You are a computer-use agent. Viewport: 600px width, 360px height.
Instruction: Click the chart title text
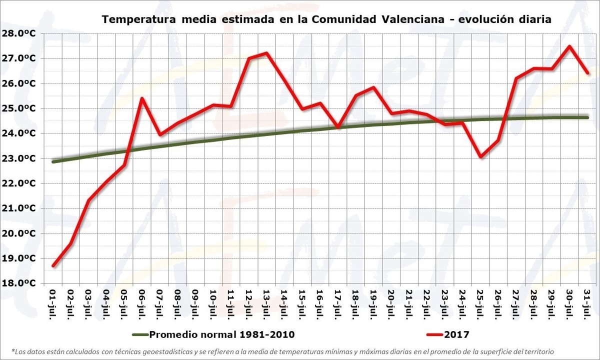point(326,19)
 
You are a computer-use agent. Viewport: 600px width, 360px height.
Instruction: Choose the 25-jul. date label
point(480,302)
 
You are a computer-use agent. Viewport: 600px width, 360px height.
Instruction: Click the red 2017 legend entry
point(447,334)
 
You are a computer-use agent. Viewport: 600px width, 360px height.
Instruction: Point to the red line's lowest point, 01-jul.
point(53,265)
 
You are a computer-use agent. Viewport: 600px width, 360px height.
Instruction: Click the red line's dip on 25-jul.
point(480,157)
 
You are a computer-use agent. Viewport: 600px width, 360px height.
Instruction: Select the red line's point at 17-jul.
point(338,127)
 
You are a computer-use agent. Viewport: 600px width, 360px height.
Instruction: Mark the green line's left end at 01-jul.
point(53,161)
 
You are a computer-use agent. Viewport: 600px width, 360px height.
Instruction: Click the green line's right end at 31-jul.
point(587,117)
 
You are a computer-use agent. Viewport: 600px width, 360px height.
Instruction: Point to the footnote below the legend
point(282,351)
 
